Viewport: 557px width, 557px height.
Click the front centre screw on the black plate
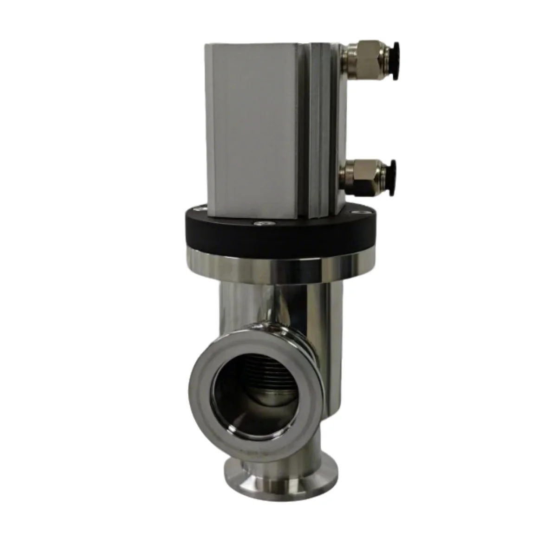click(x=263, y=224)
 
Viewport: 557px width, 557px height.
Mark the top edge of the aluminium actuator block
click(x=274, y=45)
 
